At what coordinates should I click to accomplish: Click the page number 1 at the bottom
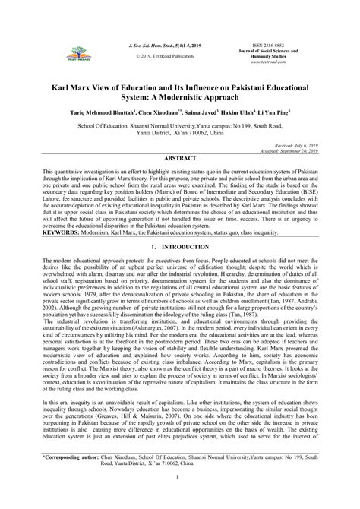pos(179,498)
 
